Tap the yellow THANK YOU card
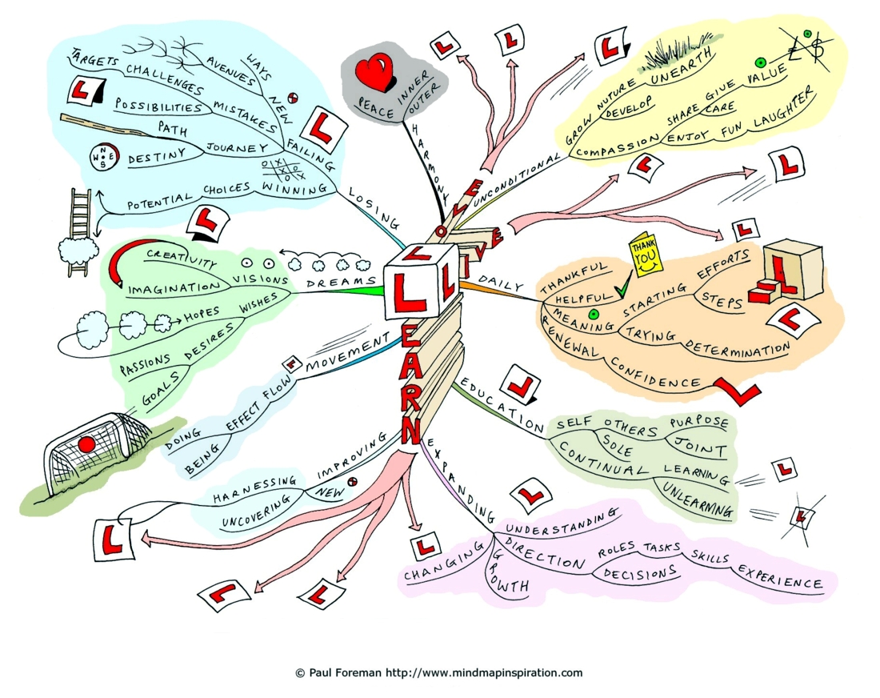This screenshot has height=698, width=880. click(x=646, y=255)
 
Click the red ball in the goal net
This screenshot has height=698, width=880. click(x=86, y=445)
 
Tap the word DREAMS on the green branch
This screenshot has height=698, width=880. click(x=341, y=281)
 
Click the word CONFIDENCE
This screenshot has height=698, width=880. click(x=655, y=373)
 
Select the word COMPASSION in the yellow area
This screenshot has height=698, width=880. click(x=618, y=145)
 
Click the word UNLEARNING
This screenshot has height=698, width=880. click(x=698, y=499)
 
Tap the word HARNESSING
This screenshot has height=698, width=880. click(x=254, y=489)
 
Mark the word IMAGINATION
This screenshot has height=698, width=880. click(x=174, y=288)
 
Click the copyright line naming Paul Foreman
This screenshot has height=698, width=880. click(x=439, y=672)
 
